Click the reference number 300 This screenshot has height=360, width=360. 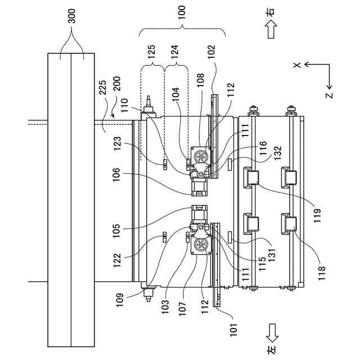click(x=72, y=16)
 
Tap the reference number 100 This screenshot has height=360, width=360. click(x=182, y=13)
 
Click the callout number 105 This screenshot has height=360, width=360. click(x=116, y=231)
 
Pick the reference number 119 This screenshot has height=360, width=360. click(x=317, y=215)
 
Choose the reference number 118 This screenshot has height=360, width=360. click(x=322, y=273)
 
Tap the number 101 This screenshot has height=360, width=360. click(x=234, y=330)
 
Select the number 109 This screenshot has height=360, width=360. click(x=120, y=300)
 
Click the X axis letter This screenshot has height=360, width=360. click(x=298, y=65)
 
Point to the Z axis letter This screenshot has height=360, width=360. click(x=329, y=95)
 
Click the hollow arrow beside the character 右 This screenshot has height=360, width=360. click(x=271, y=29)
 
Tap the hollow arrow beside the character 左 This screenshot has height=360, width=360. click(x=272, y=333)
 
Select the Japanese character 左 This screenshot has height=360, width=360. click(x=271, y=350)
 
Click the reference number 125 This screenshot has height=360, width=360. click(x=151, y=52)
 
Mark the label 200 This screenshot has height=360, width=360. click(x=116, y=84)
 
